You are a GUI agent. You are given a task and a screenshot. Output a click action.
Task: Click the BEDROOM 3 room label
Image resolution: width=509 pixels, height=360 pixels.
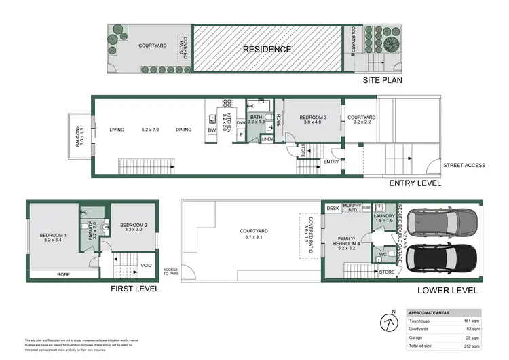(x=314, y=118)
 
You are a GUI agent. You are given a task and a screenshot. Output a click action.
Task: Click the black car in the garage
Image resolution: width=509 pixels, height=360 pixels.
(x=441, y=259)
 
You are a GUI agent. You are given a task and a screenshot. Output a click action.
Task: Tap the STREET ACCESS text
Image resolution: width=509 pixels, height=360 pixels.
(x=460, y=165)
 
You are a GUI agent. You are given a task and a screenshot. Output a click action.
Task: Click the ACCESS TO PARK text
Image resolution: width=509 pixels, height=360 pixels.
(x=170, y=272)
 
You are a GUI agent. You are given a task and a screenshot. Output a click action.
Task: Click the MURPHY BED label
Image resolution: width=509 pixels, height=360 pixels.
(x=352, y=208)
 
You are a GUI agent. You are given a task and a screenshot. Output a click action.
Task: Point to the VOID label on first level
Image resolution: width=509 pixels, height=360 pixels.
(x=145, y=266)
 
